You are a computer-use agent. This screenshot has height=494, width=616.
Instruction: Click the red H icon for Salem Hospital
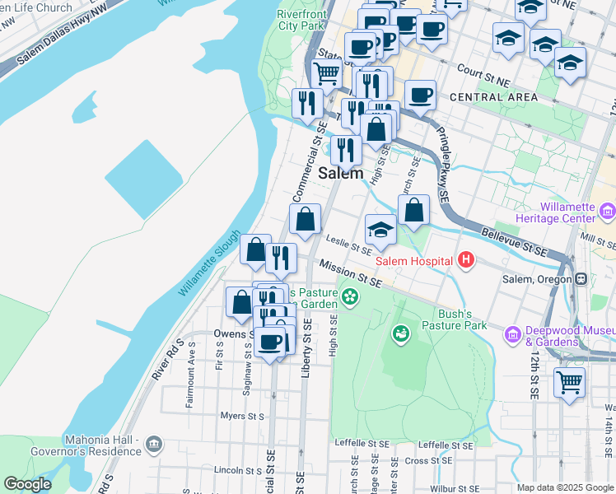point(467,261)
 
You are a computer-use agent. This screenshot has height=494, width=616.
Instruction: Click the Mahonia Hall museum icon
point(153,445)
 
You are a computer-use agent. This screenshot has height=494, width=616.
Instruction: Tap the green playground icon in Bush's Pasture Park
point(401,333)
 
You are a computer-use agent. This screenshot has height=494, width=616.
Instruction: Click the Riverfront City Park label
point(301,20)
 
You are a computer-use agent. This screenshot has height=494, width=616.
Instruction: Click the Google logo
point(27,484)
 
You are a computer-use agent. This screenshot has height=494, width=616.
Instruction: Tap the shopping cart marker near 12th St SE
point(569,383)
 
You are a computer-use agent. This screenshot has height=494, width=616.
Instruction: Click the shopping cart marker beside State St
point(327,72)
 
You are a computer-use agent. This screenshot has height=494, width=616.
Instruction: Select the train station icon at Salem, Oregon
point(582,279)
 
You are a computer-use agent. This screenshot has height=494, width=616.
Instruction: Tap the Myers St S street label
point(242,416)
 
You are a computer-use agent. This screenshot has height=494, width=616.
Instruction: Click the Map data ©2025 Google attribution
point(565,487)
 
